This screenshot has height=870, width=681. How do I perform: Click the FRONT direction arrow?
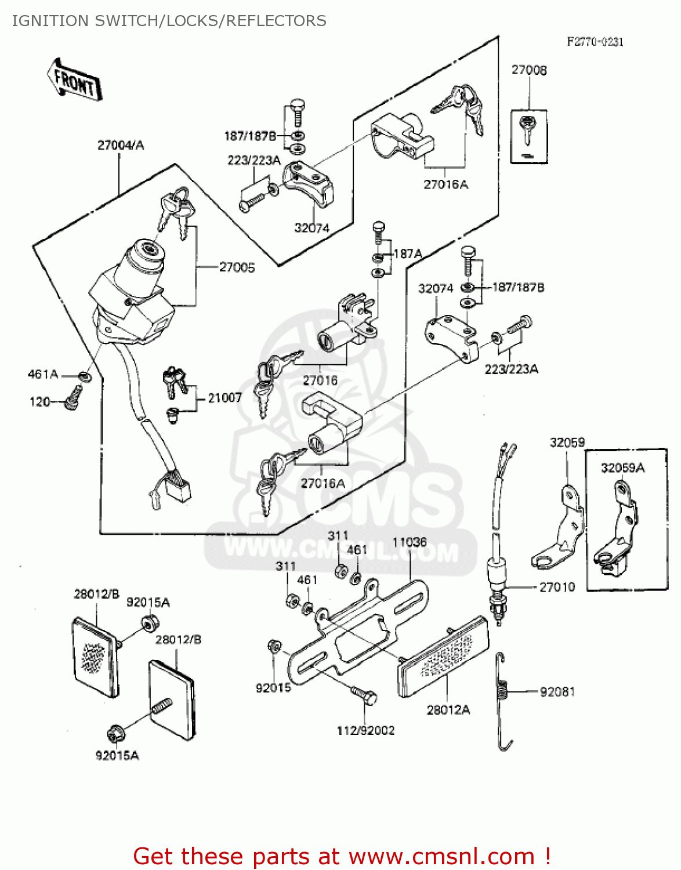[x=74, y=79]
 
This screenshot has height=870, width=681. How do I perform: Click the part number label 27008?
[x=528, y=70]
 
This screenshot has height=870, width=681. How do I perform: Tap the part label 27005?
[x=237, y=267]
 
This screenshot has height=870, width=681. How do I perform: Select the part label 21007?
[x=224, y=398]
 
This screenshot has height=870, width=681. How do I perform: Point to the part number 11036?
[x=410, y=542]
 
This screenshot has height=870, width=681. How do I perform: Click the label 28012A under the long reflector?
[x=448, y=710]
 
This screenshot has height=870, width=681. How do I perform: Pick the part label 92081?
[x=557, y=691]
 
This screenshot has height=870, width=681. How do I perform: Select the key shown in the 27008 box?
[x=527, y=130]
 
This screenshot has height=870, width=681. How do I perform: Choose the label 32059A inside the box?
[x=622, y=468]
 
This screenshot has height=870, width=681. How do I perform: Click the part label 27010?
[x=557, y=587]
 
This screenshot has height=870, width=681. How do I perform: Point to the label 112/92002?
[x=365, y=731]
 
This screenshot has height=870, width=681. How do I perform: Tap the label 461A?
[x=43, y=375]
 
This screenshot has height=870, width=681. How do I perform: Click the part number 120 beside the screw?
[x=39, y=401]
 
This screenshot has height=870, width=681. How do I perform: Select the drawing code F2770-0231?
[x=595, y=42]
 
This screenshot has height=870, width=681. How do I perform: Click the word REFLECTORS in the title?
[x=276, y=21]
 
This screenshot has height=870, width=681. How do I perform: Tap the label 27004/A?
[x=120, y=145]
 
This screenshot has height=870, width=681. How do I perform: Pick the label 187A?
[x=408, y=253]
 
